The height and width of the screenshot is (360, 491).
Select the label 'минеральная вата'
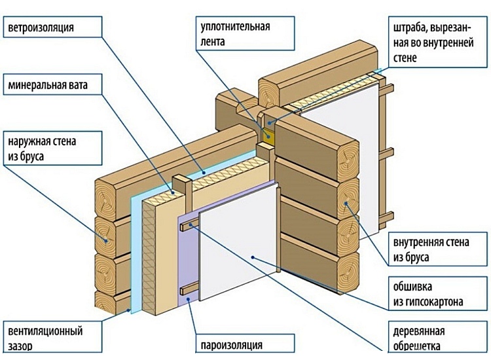46,85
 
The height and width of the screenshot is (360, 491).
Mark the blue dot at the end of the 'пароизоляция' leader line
188,298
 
